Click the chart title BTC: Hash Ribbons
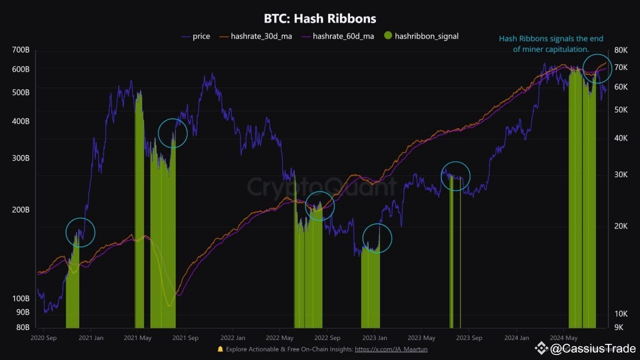click(x=320, y=19)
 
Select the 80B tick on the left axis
click(x=22, y=327)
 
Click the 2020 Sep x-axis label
click(x=43, y=338)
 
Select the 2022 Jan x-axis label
click(x=233, y=338)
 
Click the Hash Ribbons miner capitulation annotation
click(x=551, y=44)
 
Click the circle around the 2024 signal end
click(x=597, y=68)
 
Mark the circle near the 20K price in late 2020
click(x=80, y=232)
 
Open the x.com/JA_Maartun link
click(x=391, y=349)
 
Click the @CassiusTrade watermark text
click(x=592, y=348)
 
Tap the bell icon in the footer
click(x=220, y=349)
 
